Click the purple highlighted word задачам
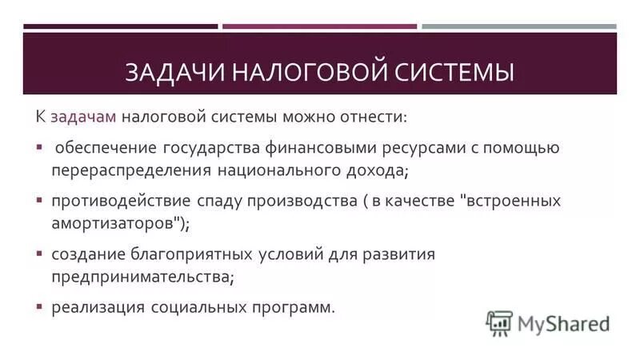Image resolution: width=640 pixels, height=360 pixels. click(84, 117)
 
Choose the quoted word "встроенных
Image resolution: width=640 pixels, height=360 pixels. click(511, 201)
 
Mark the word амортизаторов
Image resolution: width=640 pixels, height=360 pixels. click(113, 223)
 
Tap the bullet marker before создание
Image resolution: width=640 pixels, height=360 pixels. click(39, 254)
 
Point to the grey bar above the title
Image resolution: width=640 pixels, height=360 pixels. click(519, 26)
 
